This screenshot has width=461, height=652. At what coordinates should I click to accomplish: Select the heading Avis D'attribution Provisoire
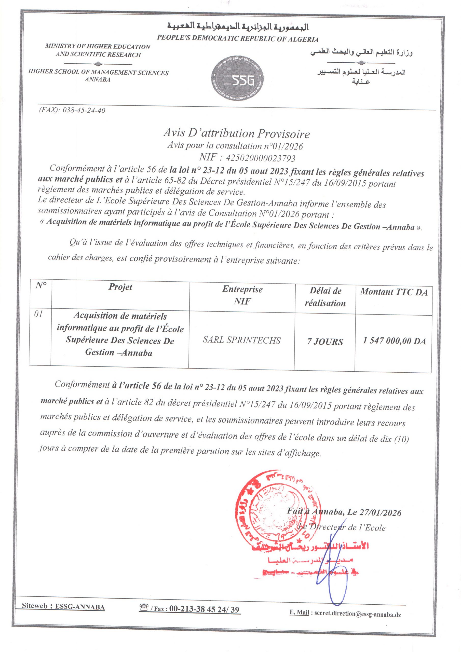[236, 133]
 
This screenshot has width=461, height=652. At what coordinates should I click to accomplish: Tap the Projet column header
[120, 287]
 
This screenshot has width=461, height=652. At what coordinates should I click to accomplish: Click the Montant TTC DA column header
[394, 292]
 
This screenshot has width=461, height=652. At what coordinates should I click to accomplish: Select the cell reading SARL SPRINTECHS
[242, 340]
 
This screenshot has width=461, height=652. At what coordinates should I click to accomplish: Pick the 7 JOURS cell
[325, 342]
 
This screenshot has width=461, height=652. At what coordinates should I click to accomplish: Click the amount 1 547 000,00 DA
[394, 341]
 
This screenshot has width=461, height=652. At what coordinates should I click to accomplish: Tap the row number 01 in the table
[39, 314]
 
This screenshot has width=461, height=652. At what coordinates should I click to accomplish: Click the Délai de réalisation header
[325, 297]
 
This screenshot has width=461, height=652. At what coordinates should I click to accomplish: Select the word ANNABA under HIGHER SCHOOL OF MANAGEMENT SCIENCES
[98, 80]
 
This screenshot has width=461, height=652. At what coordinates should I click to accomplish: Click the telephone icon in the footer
[144, 608]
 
